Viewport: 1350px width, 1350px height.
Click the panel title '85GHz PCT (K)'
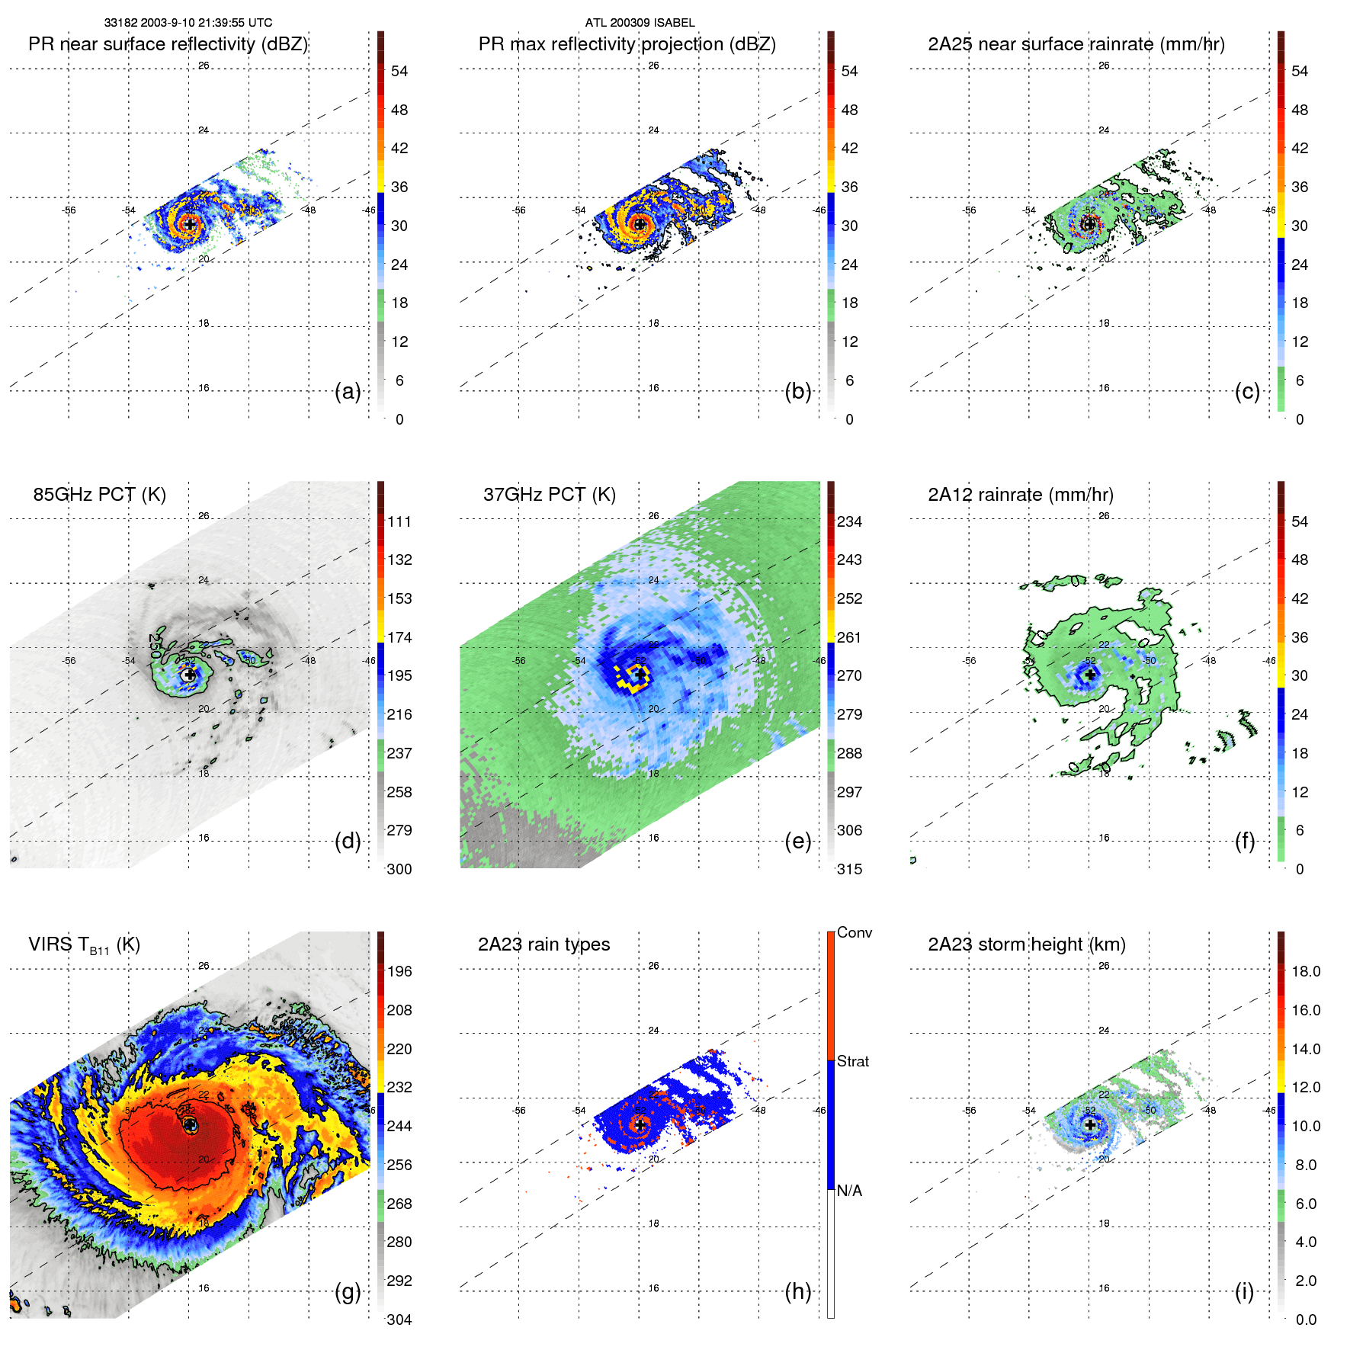tap(99, 495)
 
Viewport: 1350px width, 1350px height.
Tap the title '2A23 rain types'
tap(544, 944)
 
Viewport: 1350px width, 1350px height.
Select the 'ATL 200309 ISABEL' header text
tap(640, 23)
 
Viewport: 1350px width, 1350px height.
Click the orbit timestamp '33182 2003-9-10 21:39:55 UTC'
tap(188, 23)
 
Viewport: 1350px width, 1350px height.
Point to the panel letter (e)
tap(797, 841)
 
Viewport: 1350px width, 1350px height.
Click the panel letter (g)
tap(348, 1291)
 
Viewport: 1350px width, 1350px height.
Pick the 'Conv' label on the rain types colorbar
tap(854, 932)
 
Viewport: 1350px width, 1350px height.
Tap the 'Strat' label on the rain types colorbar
tap(852, 1061)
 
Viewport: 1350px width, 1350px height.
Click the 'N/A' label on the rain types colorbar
tap(849, 1191)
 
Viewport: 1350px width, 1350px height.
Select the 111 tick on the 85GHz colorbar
tap(399, 521)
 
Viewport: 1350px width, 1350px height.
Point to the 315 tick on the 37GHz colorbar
tap(849, 869)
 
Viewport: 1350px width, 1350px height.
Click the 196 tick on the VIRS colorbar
tap(399, 971)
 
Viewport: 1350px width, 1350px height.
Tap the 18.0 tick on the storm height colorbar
tap(1305, 971)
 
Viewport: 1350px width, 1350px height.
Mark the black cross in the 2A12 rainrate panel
tap(1089, 675)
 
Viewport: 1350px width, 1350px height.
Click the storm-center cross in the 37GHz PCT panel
tap(640, 675)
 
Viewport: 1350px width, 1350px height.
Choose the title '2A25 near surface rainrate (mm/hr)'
tap(1076, 44)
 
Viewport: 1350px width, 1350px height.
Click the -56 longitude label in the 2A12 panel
tap(970, 661)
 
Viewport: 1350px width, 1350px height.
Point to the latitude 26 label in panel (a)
tap(204, 66)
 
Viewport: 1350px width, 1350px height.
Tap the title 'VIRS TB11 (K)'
tap(84, 945)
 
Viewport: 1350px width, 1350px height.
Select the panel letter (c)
tap(1247, 391)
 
